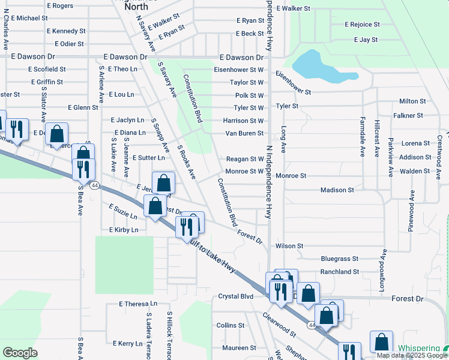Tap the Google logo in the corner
(20, 353)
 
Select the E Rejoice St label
(362, 25)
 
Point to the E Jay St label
(366, 40)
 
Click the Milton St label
(412, 101)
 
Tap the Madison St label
(337, 190)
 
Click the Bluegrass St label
(339, 259)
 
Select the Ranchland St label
(339, 271)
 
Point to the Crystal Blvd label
(236, 296)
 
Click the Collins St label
(231, 325)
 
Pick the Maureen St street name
(239, 348)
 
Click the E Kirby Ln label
(124, 230)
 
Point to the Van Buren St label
(244, 133)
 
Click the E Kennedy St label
(66, 31)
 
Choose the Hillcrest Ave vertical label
(377, 137)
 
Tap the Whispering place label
(418, 349)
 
